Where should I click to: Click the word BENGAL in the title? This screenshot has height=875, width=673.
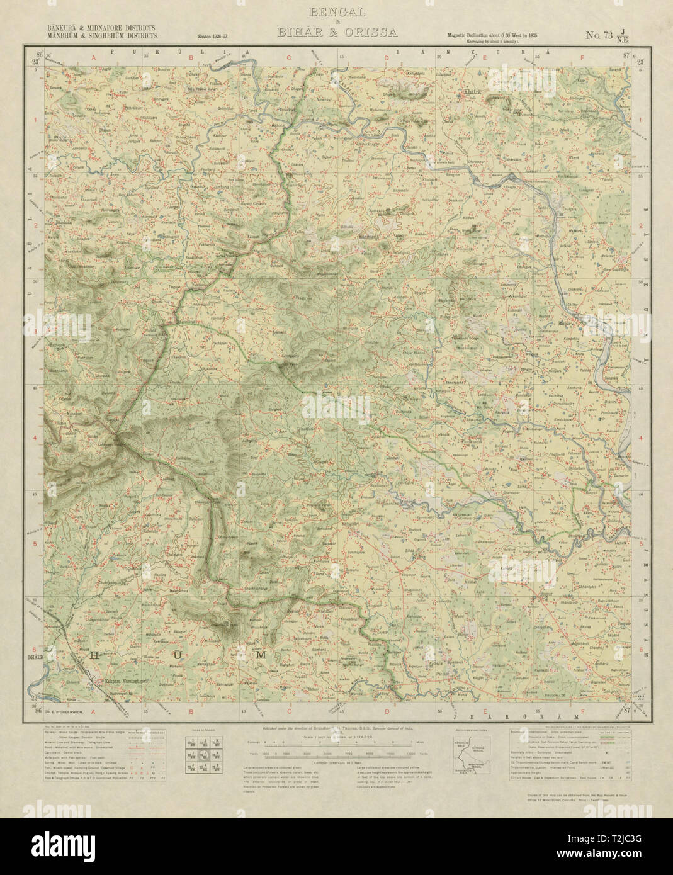pyautogui.click(x=336, y=13)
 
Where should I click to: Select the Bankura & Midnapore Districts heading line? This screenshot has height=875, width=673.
pyautogui.click(x=96, y=28)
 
